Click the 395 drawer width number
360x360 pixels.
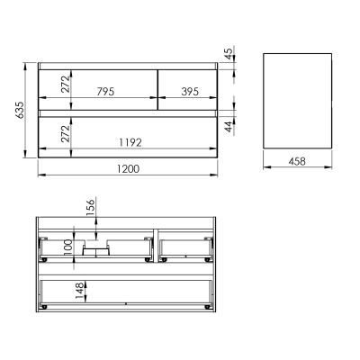pyautogui.click(x=188, y=91)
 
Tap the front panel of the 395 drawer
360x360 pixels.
pyautogui.click(x=187, y=86)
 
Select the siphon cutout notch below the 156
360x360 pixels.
pyautogui.click(x=93, y=247)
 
